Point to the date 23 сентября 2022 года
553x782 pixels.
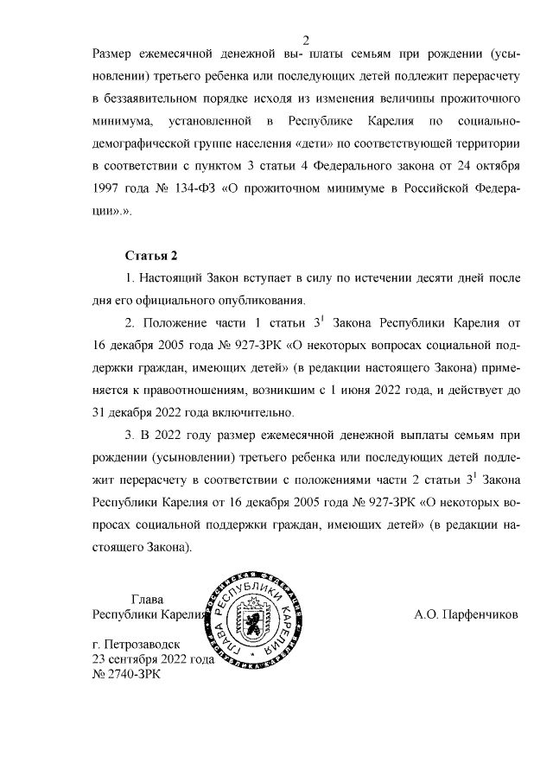pos(152,659)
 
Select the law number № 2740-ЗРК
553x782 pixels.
pos(126,674)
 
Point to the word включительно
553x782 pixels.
pos(259,412)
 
